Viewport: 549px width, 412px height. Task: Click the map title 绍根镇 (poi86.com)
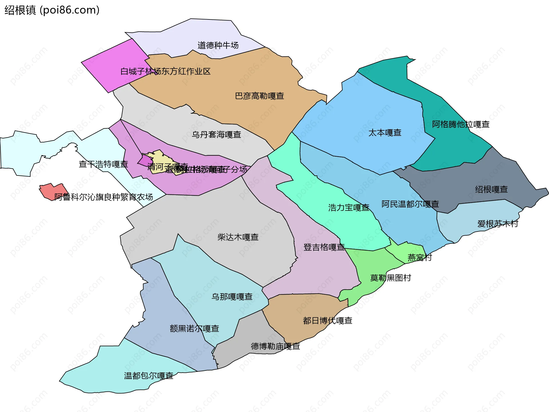(x=52, y=10)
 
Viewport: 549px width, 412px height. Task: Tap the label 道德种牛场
(x=218, y=45)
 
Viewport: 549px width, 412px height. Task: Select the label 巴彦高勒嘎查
(x=259, y=96)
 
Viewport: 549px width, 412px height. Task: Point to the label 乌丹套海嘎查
(x=216, y=134)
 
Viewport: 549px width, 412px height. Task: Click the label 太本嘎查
(x=385, y=133)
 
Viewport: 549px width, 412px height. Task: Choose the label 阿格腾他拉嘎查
(x=461, y=124)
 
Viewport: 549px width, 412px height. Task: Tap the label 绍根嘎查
(x=491, y=189)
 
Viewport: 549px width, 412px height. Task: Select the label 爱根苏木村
(x=498, y=224)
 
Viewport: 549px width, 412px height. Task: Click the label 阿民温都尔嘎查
(x=410, y=204)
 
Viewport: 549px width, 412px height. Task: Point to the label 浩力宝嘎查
(x=349, y=208)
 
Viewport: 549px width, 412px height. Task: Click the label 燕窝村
(x=419, y=258)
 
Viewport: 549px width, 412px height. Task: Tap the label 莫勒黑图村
(x=390, y=278)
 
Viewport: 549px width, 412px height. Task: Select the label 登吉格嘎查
(x=324, y=247)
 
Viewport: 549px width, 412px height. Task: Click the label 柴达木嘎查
(x=238, y=237)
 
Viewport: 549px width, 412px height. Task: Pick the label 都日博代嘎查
(x=327, y=321)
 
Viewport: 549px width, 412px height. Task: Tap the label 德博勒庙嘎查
(x=275, y=347)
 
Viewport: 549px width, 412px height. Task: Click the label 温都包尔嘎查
(x=148, y=376)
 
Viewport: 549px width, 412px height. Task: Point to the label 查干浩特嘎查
(x=103, y=164)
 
